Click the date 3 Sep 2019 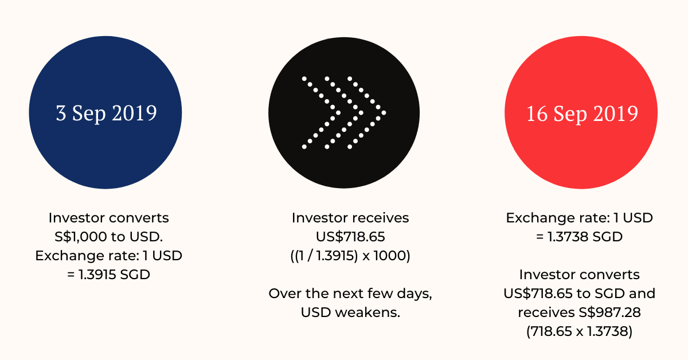(106, 113)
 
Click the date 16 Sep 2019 (582, 114)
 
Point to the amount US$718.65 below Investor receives (350, 237)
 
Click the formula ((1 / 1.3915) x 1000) (350, 256)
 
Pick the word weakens (368, 312)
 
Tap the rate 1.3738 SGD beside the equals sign (585, 237)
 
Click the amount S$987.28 (609, 312)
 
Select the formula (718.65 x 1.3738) (579, 331)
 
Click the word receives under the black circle (379, 218)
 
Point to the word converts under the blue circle (139, 218)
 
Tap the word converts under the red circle (610, 275)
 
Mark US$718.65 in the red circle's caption (538, 294)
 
